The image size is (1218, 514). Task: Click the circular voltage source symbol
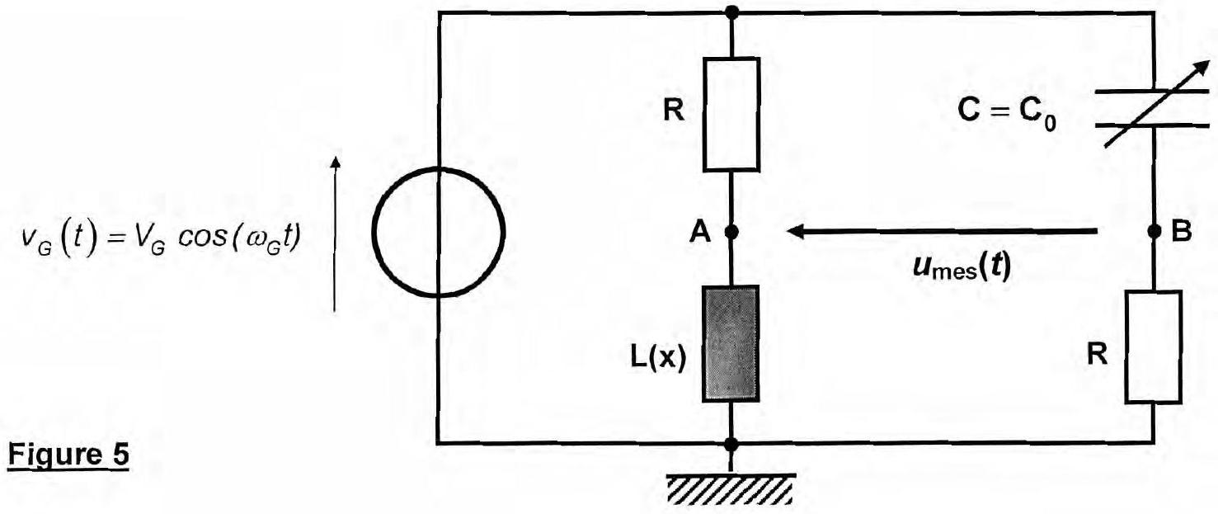[374, 233]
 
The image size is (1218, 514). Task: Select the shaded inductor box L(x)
[731, 344]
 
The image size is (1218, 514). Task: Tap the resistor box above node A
[731, 114]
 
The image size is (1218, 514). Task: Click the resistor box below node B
[1153, 347]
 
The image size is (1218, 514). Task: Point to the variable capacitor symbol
[1153, 109]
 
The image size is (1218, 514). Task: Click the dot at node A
[731, 233]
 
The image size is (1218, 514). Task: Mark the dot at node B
[1154, 232]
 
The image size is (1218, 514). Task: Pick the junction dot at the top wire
[732, 12]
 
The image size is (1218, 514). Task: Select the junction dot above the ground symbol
[731, 445]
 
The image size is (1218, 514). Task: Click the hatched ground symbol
[731, 488]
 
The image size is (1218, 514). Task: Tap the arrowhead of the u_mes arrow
[796, 231]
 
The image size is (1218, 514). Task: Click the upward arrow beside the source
[335, 233]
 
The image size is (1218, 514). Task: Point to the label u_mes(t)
[962, 268]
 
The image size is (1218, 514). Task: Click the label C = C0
[1007, 113]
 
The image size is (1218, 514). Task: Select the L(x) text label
[658, 358]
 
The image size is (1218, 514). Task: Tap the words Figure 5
[68, 455]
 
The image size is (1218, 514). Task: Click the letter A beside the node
[700, 233]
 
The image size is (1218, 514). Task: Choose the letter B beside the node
[1182, 231]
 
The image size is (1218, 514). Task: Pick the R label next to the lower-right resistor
[1097, 355]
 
